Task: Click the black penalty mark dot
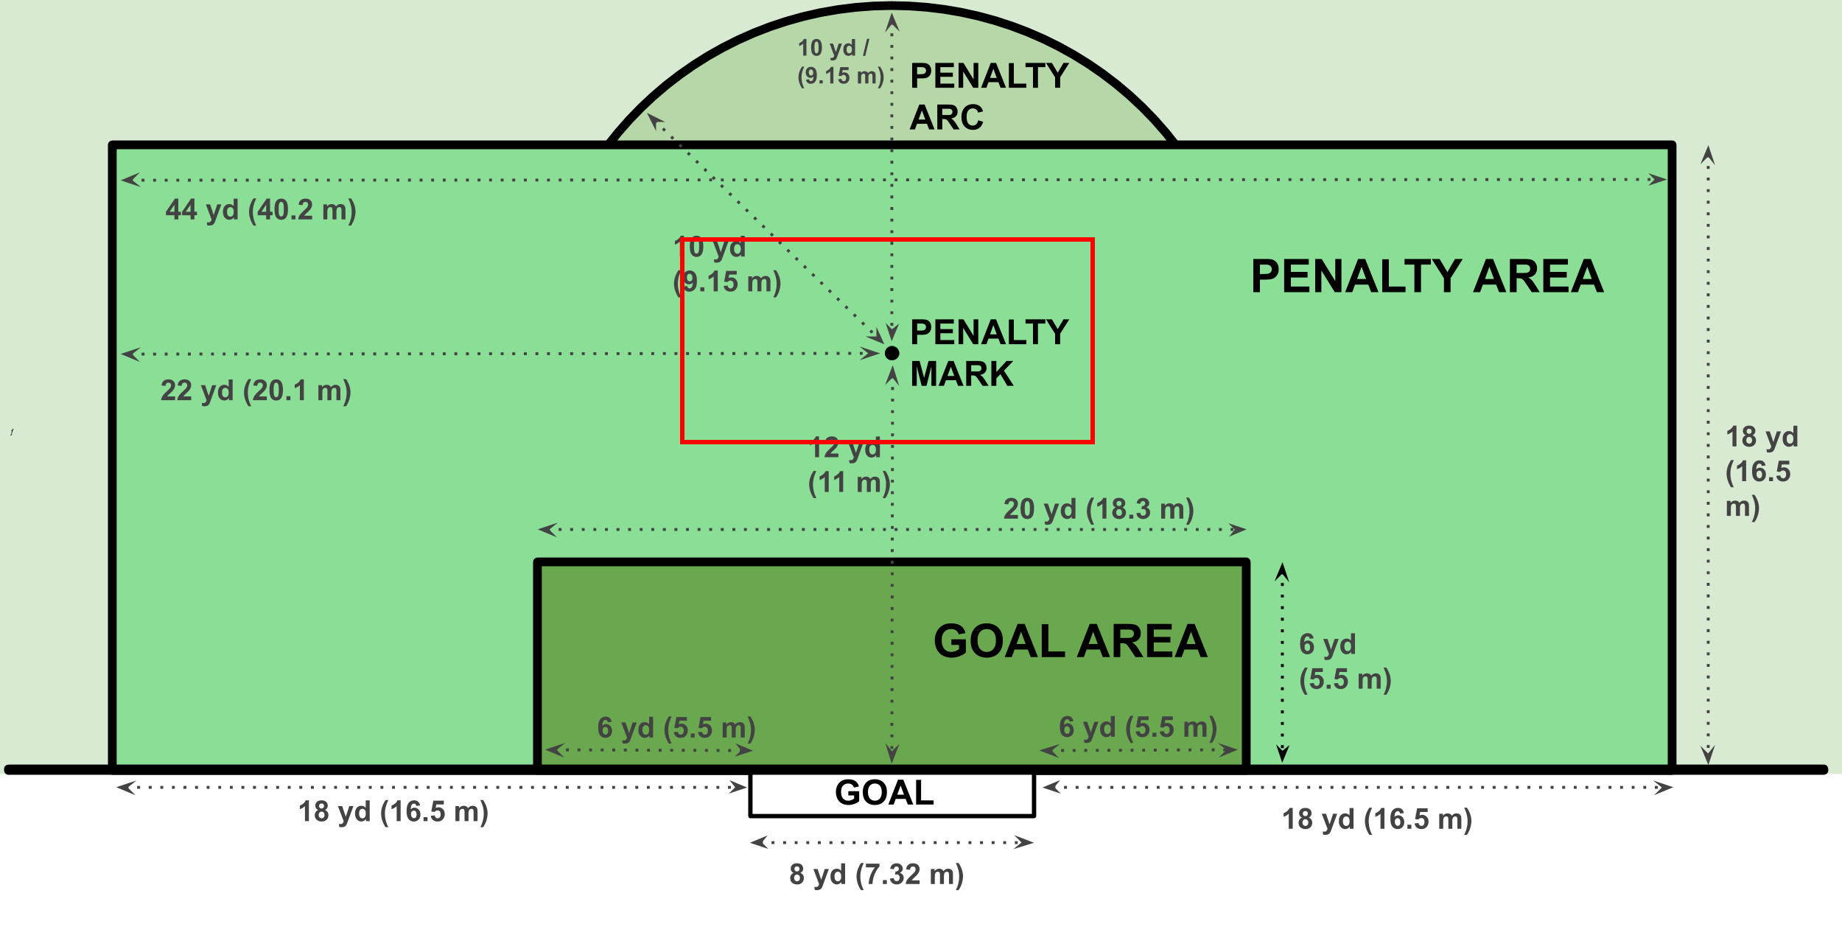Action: click(x=892, y=353)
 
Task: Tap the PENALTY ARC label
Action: click(x=989, y=97)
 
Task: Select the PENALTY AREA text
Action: click(x=1427, y=276)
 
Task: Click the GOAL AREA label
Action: click(x=1070, y=641)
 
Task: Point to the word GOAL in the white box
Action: click(x=884, y=793)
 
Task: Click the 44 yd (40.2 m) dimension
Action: click(x=261, y=211)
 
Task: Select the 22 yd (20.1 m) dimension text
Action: click(x=256, y=391)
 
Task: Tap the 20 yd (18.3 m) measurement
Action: click(x=1099, y=509)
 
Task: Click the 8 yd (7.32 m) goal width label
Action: click(x=876, y=875)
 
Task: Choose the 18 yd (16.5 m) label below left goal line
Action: click(x=393, y=812)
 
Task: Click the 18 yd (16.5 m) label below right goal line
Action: click(x=1377, y=819)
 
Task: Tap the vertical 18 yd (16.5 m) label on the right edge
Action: click(x=1762, y=472)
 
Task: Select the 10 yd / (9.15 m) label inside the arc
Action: click(x=840, y=62)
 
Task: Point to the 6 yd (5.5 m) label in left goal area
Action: click(x=676, y=728)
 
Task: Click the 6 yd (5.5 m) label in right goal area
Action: click(x=1138, y=727)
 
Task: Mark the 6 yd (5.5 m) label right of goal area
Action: click(x=1345, y=662)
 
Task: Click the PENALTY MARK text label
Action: click(x=989, y=353)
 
